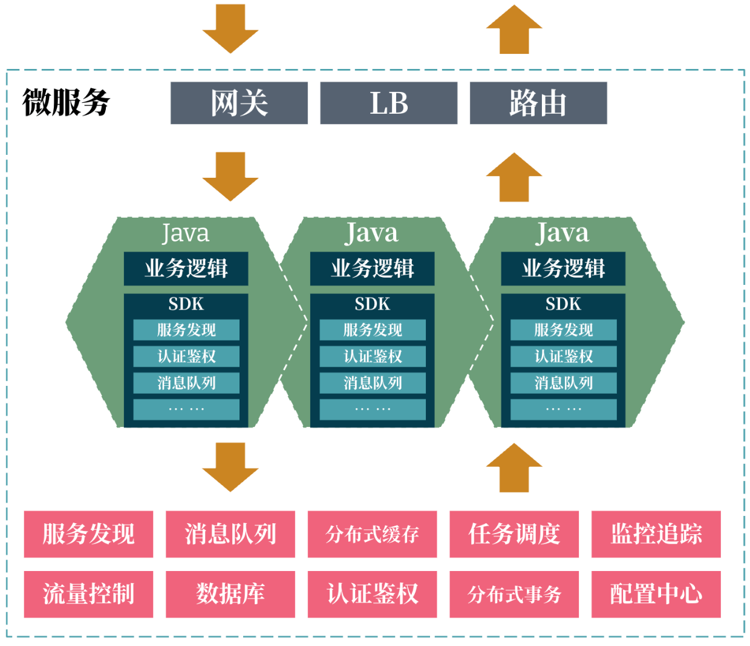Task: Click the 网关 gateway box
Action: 239,103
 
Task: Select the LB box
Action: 388,103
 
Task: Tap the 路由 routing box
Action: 538,103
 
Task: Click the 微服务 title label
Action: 66,102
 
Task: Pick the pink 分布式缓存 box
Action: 372,534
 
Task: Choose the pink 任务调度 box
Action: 514,534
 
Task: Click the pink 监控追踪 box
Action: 656,534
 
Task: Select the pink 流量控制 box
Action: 88,594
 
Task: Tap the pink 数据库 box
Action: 230,594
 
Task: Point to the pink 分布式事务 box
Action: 514,594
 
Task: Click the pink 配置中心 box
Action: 656,594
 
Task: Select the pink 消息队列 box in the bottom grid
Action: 230,534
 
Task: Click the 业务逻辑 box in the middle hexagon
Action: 372,269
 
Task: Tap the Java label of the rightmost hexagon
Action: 562,233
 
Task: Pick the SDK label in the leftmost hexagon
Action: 186,304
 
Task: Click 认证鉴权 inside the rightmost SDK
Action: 563,356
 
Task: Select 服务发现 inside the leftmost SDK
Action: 186,330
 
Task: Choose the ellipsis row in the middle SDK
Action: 373,409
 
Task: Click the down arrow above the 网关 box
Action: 230,27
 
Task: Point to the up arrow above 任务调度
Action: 514,467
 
